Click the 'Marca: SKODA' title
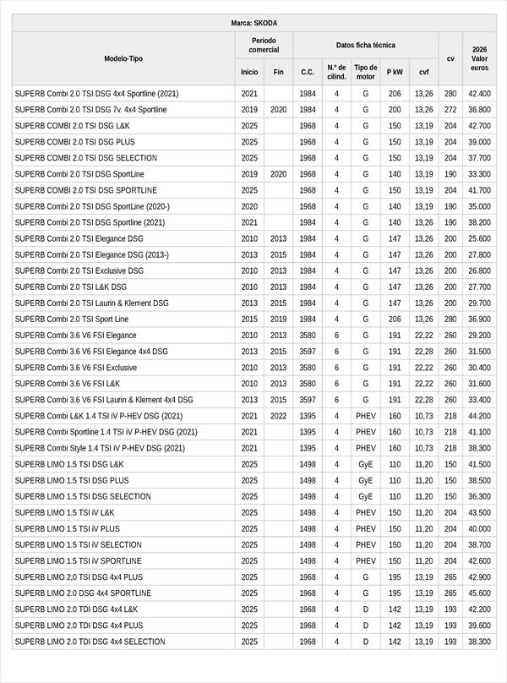pyautogui.click(x=253, y=23)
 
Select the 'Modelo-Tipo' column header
pyautogui.click(x=123, y=59)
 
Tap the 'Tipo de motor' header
pyautogui.click(x=365, y=72)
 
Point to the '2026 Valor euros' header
pyautogui.click(x=480, y=59)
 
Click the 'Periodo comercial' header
pyautogui.click(x=264, y=46)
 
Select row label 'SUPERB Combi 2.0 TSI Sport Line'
pyautogui.click(x=72, y=320)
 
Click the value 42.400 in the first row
pyautogui.click(x=480, y=94)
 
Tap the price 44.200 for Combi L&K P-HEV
pyautogui.click(x=480, y=416)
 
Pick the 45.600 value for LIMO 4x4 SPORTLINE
pyautogui.click(x=480, y=593)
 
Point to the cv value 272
pyautogui.click(x=450, y=110)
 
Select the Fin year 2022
pyautogui.click(x=279, y=416)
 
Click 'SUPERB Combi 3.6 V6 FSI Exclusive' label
pyautogui.click(x=75, y=368)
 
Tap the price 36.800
pyautogui.click(x=480, y=110)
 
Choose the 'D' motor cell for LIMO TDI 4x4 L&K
pyautogui.click(x=365, y=609)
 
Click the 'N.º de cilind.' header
pyautogui.click(x=336, y=72)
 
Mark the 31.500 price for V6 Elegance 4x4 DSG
pyautogui.click(x=480, y=352)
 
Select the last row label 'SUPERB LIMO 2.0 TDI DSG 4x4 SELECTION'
pyautogui.click(x=90, y=642)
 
